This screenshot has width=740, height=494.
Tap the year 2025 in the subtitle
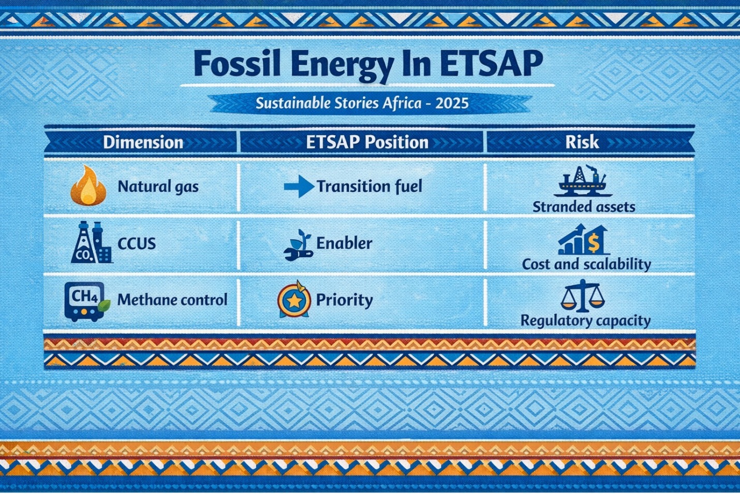[x=452, y=103]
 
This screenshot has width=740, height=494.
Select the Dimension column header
[x=143, y=143]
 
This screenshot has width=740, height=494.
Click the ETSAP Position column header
[x=367, y=142]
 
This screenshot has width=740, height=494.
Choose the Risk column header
[x=582, y=142]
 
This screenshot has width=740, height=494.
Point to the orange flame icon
[x=88, y=186]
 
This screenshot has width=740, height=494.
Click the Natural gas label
[x=158, y=187]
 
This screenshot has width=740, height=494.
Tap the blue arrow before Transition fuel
[x=299, y=187]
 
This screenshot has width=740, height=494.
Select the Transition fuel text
[x=369, y=187]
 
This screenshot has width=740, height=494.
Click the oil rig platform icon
[x=583, y=181]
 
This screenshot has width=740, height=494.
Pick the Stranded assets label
[x=584, y=207]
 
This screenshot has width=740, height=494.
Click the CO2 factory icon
[x=92, y=242]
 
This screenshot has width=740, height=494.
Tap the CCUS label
[x=137, y=244]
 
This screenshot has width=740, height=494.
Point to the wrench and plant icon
[x=298, y=245]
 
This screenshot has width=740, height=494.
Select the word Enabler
[x=344, y=243]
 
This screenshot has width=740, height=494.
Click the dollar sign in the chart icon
[x=594, y=244]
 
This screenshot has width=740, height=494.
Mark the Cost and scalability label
[x=586, y=265]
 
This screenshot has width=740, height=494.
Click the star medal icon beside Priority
[x=294, y=299]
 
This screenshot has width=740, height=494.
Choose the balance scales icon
[x=583, y=296]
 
